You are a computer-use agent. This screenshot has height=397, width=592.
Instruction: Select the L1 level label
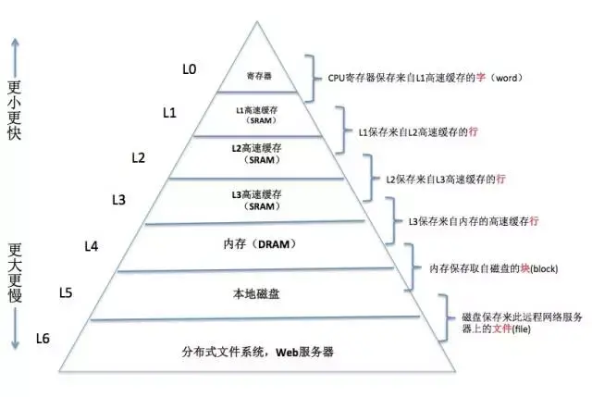tap(169, 113)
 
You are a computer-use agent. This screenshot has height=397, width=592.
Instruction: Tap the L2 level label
tap(139, 157)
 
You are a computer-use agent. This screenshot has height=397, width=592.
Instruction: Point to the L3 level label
tap(119, 200)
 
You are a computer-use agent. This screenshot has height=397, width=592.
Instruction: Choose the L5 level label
tap(66, 293)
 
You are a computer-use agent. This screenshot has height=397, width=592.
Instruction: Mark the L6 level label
tap(43, 338)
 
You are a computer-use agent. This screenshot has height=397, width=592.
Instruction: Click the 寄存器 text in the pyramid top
tap(258, 75)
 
